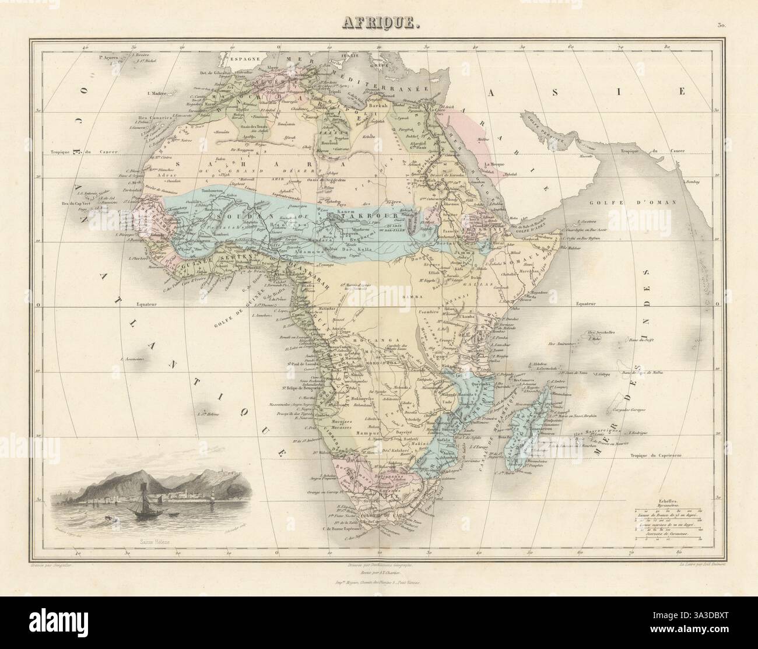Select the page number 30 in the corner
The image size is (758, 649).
(722, 25)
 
